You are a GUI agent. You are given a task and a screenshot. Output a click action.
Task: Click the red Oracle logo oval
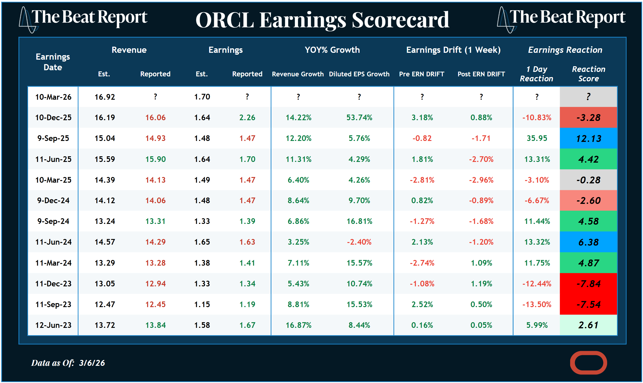[588, 362]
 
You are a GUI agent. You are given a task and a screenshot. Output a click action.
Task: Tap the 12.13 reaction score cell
[588, 139]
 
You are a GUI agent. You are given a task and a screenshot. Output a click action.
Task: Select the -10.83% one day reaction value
[537, 118]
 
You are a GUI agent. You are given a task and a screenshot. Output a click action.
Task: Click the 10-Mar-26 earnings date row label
[53, 97]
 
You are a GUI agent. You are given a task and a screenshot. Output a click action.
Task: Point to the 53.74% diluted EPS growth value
[359, 118]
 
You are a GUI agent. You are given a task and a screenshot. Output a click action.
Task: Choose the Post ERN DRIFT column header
[481, 74]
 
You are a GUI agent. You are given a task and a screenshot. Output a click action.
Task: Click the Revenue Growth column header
[298, 74]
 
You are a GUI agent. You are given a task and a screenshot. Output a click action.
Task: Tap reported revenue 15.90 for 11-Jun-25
[155, 159]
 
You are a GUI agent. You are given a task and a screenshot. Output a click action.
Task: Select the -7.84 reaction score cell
[588, 284]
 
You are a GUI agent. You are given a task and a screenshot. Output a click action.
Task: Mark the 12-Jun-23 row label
[53, 325]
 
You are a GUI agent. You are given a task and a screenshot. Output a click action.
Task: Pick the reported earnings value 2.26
[247, 118]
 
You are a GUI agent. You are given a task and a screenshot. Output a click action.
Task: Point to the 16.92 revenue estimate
[104, 97]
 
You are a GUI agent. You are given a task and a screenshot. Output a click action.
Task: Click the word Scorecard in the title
[400, 20]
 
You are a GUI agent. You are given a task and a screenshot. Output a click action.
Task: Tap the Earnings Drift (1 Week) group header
[453, 50]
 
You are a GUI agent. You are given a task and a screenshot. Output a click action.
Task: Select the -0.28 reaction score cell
[588, 180]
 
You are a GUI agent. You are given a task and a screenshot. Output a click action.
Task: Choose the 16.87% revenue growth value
[299, 325]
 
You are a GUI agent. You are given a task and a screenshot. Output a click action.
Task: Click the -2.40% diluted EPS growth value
[359, 242]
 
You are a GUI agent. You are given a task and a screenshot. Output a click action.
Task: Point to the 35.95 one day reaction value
[537, 138]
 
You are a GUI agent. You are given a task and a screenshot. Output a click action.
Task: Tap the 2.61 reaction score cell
[588, 325]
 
